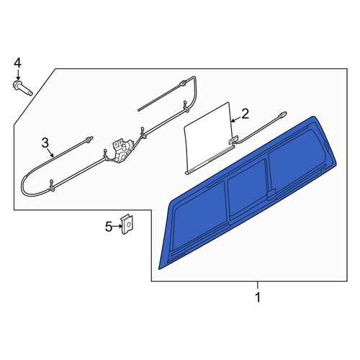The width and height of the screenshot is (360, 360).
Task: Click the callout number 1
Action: (258, 297)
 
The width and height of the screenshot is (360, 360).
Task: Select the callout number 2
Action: (245, 114)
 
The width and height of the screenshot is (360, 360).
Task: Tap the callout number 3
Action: (45, 143)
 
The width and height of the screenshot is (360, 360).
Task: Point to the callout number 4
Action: (17, 63)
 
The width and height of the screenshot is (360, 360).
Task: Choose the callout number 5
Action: (109, 227)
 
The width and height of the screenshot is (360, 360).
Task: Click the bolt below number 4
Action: (22, 88)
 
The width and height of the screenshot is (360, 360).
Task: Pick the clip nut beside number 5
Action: (127, 224)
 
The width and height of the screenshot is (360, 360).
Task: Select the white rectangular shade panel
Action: (208, 138)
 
